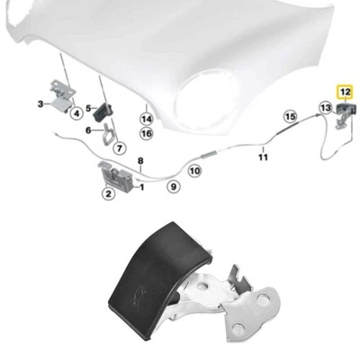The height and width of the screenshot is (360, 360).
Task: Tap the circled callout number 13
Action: click(325, 108)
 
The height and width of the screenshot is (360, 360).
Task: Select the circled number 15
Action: click(290, 116)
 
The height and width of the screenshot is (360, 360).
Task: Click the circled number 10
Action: click(194, 169)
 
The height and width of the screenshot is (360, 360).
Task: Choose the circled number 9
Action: click(175, 186)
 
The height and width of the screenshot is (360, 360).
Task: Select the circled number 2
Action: click(109, 192)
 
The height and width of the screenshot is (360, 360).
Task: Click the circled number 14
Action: click(146, 117)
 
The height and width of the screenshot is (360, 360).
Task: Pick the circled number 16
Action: click(146, 133)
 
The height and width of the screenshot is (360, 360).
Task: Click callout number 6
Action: click(88, 130)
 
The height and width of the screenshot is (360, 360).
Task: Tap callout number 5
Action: click(88, 107)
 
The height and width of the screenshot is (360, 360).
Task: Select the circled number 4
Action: click(76, 114)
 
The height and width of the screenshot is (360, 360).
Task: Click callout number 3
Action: click(40, 103)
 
